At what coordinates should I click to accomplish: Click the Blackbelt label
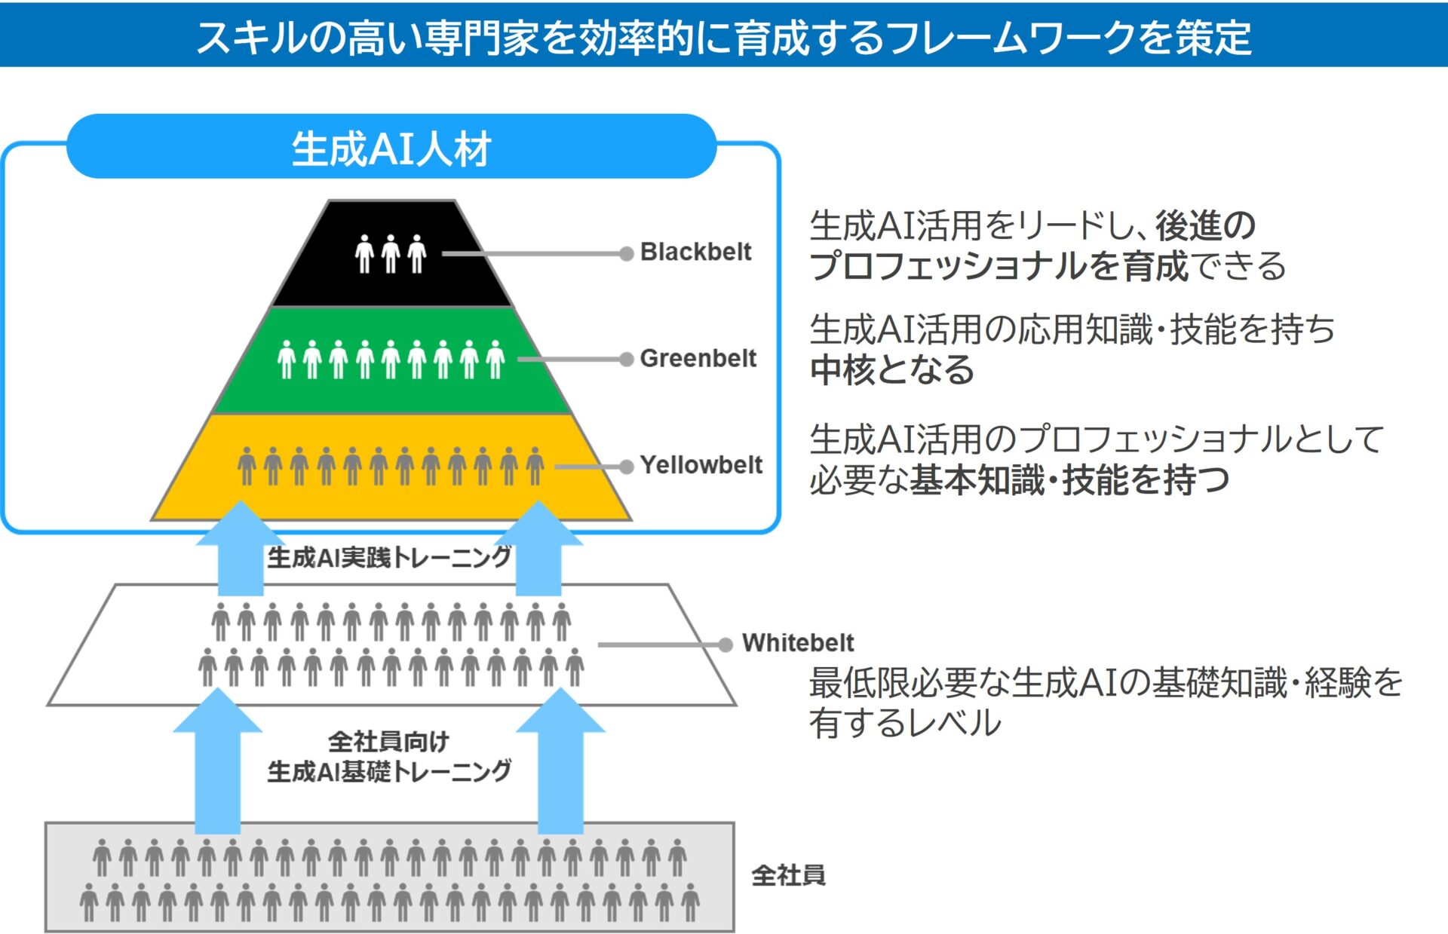[x=695, y=252]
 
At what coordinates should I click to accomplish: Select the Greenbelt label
[x=698, y=358]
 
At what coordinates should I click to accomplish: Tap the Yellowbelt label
[x=701, y=464]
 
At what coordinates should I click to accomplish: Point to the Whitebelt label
[x=798, y=642]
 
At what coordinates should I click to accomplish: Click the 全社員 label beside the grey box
[x=788, y=875]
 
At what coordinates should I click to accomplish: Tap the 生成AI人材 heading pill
[x=391, y=147]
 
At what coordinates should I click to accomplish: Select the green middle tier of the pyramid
[x=391, y=360]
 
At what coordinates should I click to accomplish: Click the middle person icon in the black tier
[x=391, y=253]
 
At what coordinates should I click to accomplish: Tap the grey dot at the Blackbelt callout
[x=626, y=253]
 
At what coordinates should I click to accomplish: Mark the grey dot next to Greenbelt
[x=626, y=360]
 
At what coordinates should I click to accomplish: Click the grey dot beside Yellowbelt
[x=626, y=467]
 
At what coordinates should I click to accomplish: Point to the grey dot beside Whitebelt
[x=726, y=645]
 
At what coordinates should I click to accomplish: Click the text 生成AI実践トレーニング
[x=389, y=558]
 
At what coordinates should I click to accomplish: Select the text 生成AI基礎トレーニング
[x=389, y=771]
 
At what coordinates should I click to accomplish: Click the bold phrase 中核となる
[x=891, y=370]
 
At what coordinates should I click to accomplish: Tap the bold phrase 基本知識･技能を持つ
[x=1069, y=480]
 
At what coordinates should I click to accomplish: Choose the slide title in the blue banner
[x=724, y=36]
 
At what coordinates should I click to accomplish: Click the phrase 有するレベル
[x=905, y=723]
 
